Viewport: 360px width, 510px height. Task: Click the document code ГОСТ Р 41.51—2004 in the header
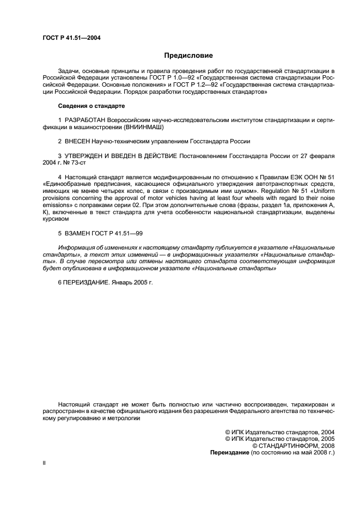[70, 38]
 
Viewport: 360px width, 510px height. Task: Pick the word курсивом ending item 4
[54, 219]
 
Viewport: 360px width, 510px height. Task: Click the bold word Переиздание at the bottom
[229, 453]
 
